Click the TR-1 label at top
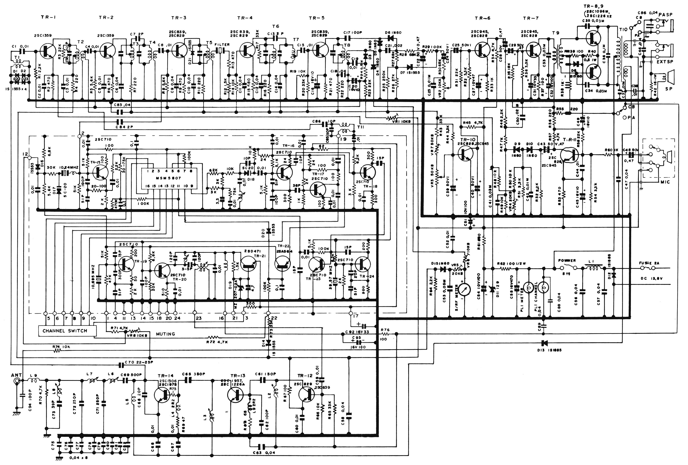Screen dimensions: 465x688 [48, 17]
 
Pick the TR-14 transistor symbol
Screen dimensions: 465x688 [163, 395]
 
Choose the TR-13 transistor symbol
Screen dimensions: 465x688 [236, 395]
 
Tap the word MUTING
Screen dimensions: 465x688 [165, 334]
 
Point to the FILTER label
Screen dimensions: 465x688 [222, 45]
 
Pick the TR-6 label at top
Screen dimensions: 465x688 [482, 18]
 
